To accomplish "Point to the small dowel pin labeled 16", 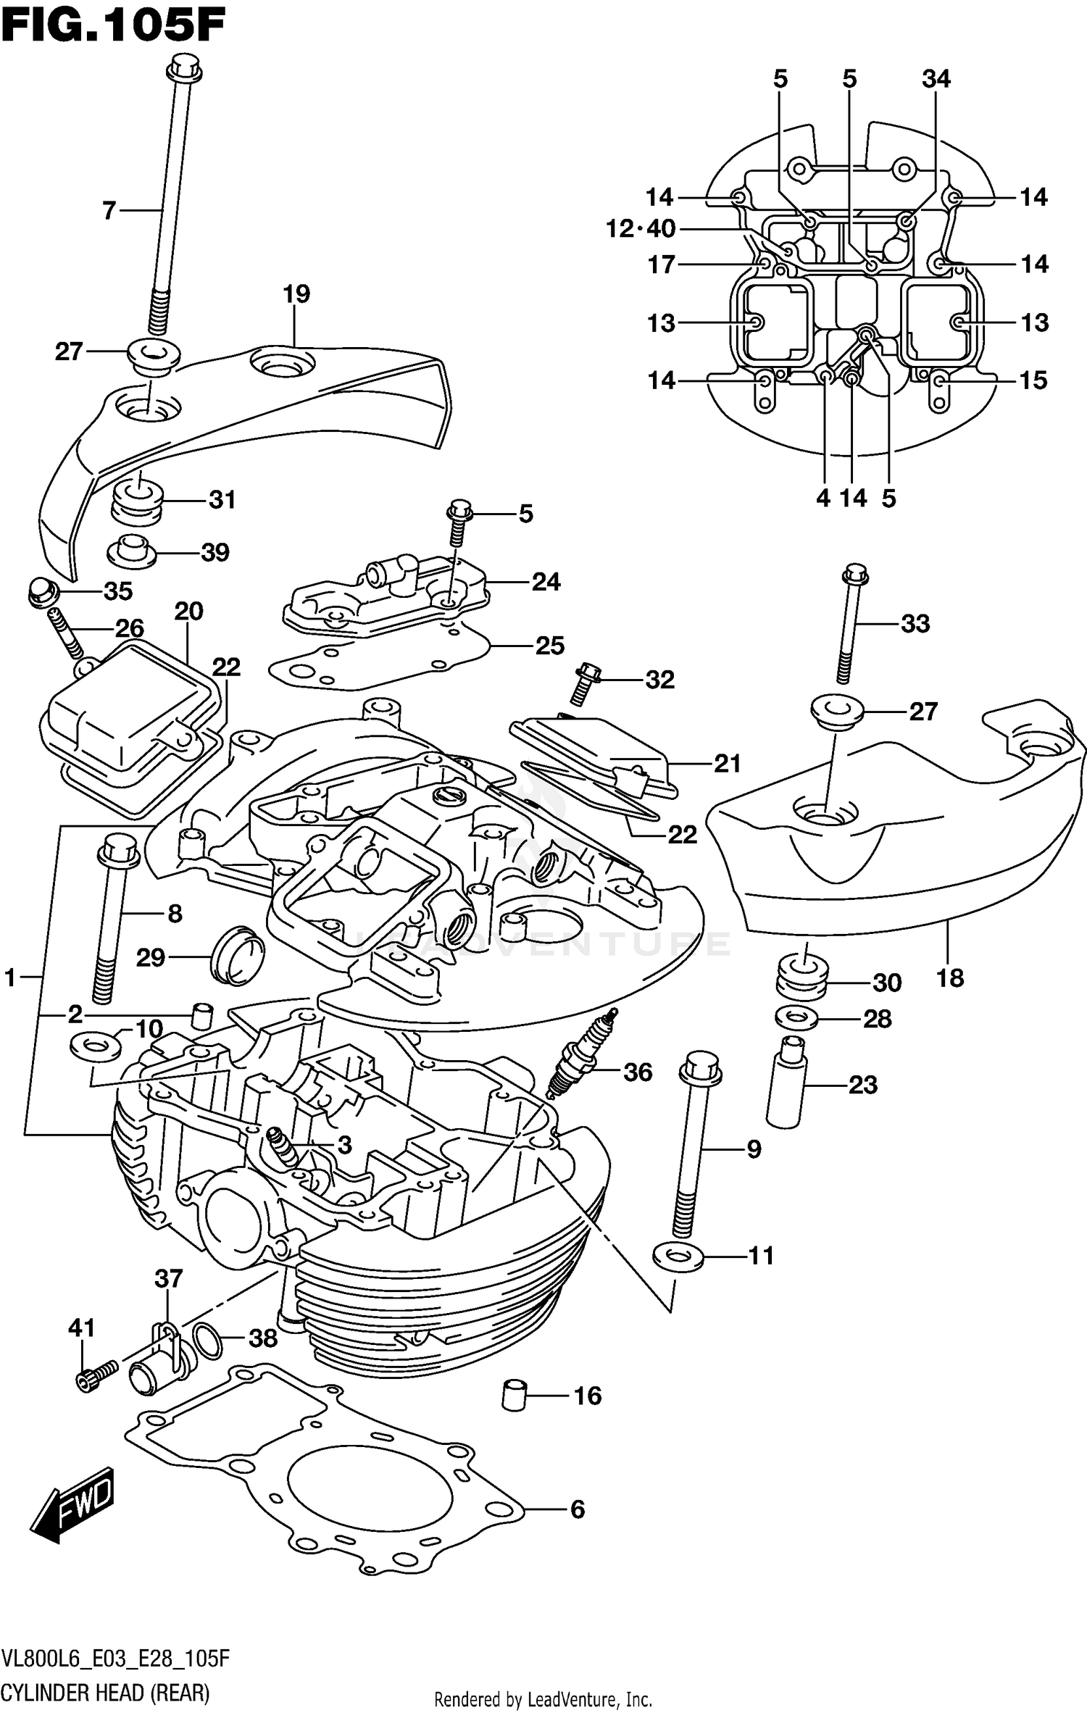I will (x=513, y=1394).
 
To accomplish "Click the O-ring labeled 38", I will (x=209, y=1338).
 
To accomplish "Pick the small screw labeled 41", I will (x=94, y=1372).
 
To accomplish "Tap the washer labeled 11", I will (x=678, y=1255).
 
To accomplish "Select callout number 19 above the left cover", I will (x=296, y=293).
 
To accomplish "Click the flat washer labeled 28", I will (x=796, y=1018).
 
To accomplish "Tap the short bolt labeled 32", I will (x=583, y=683).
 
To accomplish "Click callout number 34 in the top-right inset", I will (x=936, y=78).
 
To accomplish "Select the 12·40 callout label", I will (x=641, y=229).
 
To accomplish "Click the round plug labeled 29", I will (x=236, y=953).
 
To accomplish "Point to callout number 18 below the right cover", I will (x=949, y=978).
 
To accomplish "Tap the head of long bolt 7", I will (x=183, y=70).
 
